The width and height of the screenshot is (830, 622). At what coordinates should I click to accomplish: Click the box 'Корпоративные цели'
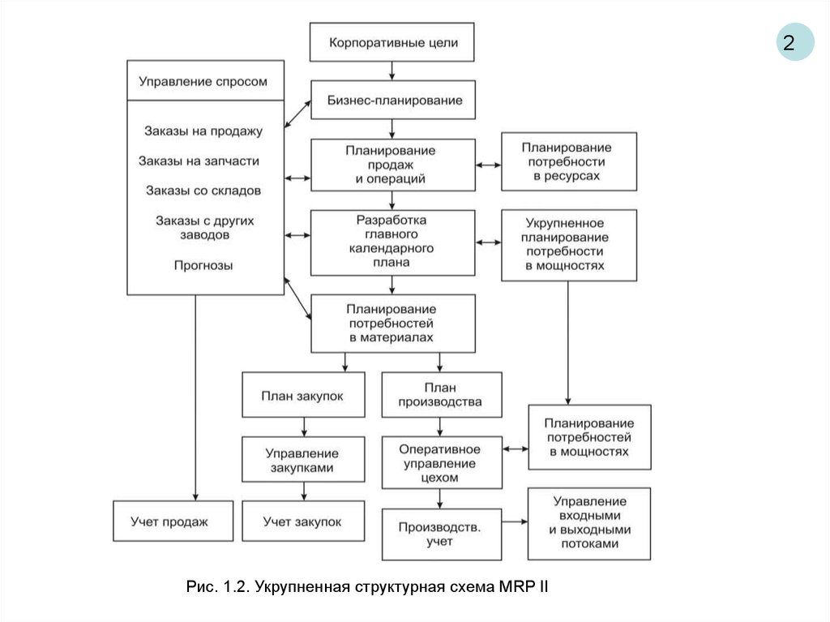392,42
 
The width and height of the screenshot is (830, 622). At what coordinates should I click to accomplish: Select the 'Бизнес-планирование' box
392,101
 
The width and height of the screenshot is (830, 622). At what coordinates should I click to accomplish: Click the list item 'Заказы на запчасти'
199,161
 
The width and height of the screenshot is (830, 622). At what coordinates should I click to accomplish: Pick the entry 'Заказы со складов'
203,191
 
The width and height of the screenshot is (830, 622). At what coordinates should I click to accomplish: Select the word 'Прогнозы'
203,265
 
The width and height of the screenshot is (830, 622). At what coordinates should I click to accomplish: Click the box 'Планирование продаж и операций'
392,165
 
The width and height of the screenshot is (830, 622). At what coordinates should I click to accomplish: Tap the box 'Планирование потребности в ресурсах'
567,161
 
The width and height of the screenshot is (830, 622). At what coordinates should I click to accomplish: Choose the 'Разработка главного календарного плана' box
392,242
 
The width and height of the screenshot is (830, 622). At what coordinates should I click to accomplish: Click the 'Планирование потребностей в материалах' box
392,323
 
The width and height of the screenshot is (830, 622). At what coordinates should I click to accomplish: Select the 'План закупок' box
302,395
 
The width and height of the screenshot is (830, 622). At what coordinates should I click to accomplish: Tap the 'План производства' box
441,395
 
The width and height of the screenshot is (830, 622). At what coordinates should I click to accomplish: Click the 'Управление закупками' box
302,461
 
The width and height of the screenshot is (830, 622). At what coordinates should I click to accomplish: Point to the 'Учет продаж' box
169,521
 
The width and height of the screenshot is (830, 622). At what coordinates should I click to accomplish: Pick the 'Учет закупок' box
302,521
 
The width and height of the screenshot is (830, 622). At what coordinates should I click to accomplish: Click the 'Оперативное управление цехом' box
441,463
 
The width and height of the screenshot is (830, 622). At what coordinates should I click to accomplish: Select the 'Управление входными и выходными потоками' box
589,523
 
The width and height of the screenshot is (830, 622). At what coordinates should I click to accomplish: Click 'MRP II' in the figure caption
519,586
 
